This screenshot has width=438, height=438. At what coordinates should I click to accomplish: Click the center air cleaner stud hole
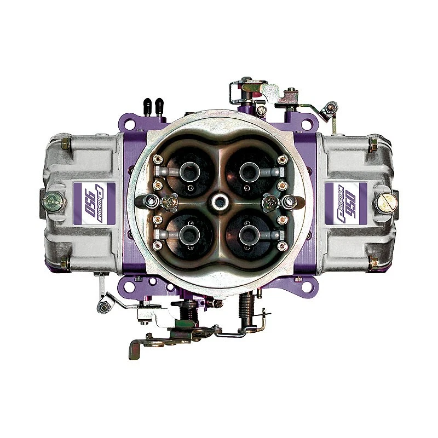point(220,201)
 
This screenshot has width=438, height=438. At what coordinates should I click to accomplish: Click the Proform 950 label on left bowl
point(94,202)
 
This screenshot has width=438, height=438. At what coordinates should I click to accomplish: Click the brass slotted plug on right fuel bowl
point(385,202)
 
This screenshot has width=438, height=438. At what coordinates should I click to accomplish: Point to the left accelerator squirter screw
point(169,203)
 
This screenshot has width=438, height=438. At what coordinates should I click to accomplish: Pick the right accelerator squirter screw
point(270,203)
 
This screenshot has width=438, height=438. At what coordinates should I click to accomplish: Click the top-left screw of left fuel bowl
point(65,143)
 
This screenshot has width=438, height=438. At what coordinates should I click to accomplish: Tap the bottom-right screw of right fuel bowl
point(373,262)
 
